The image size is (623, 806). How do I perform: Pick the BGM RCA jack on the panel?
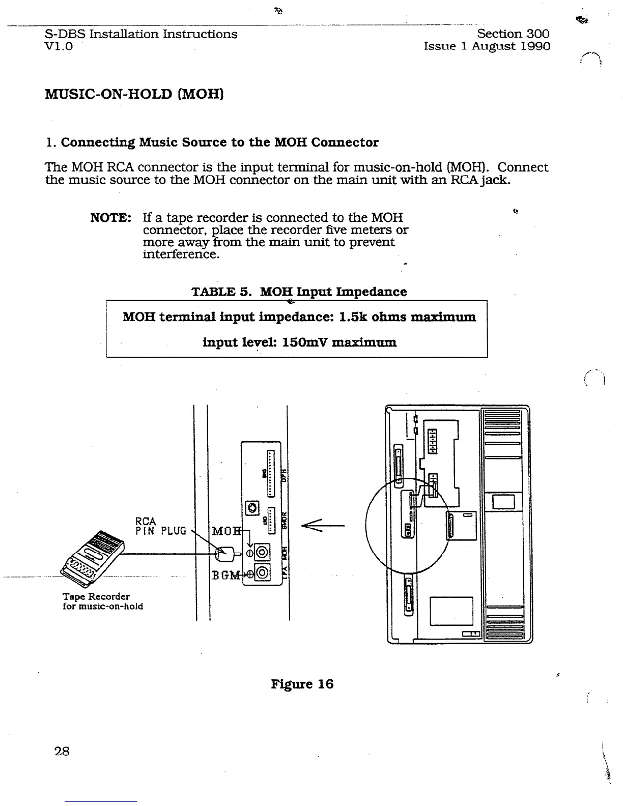coord(262,573)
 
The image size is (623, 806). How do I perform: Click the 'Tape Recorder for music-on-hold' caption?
coord(102,601)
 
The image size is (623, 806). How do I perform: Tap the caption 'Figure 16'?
coord(302,684)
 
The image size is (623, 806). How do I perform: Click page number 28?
coord(62,751)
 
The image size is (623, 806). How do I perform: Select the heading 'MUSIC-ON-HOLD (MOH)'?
coord(134,94)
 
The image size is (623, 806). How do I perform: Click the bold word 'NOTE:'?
coord(110,218)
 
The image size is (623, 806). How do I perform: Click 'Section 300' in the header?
coord(513,34)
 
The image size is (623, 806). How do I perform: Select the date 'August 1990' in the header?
coord(511,46)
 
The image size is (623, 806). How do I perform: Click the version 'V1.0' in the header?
coord(59,46)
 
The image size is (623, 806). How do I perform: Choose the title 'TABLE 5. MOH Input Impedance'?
coord(299,292)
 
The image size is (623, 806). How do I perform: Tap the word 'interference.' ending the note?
coord(181,254)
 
